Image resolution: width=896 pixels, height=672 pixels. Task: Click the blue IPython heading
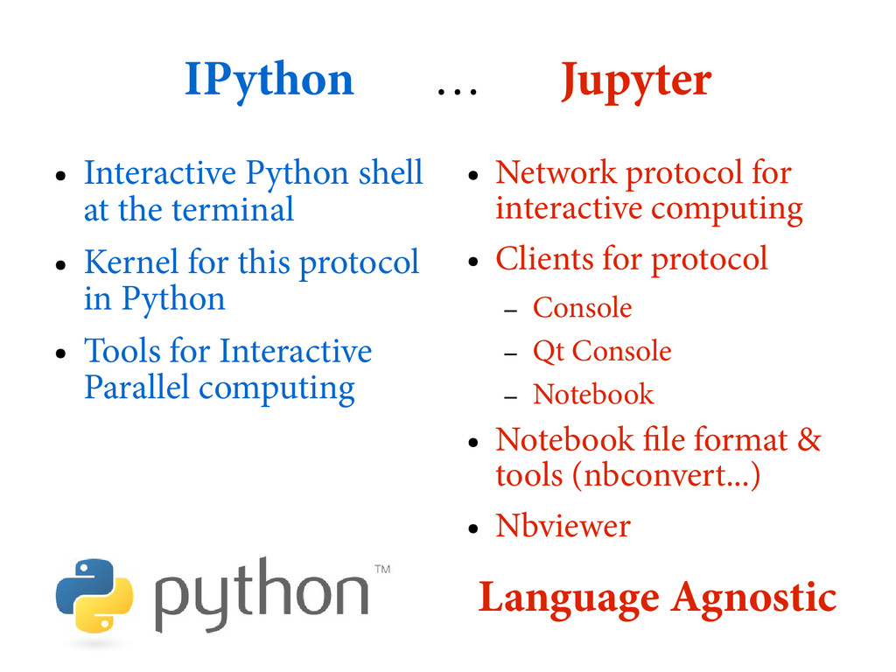coord(269,81)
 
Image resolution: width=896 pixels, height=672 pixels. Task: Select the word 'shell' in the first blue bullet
coord(391,172)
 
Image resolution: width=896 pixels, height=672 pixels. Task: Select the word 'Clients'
coord(543,259)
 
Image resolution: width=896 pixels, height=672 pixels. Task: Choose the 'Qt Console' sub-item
coord(602,351)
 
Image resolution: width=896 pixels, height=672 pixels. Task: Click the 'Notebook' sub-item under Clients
coord(592,395)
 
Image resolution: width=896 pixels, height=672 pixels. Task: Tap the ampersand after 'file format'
coord(809,438)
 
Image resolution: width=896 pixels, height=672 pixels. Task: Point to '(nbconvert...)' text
coord(665,475)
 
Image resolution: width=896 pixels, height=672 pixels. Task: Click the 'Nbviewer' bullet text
coord(562,526)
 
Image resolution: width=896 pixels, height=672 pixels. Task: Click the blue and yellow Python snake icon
coord(94,596)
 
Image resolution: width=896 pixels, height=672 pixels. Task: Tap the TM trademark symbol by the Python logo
coord(382,570)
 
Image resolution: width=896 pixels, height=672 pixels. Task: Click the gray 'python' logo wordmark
coord(261,597)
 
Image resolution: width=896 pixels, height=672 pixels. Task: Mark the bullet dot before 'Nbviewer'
coord(472,529)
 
